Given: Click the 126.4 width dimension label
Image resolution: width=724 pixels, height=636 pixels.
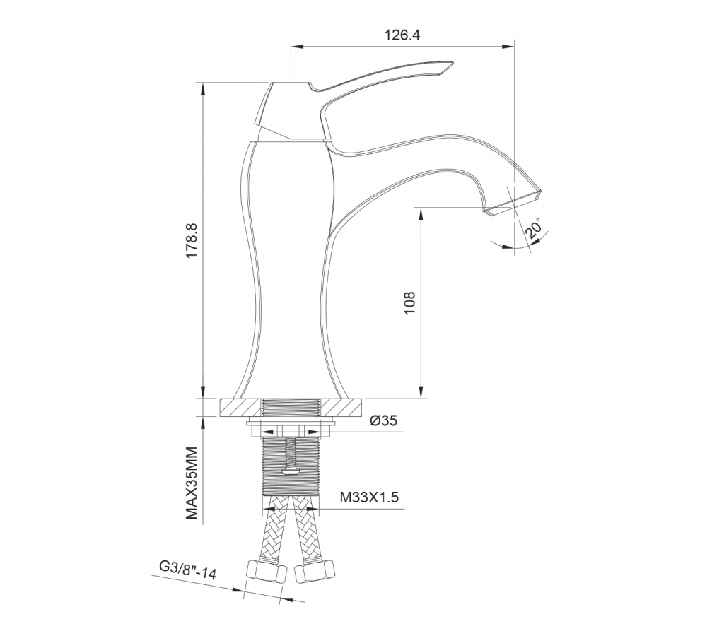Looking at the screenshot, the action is click(x=402, y=35).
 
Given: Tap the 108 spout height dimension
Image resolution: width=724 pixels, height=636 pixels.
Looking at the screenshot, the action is click(x=409, y=302).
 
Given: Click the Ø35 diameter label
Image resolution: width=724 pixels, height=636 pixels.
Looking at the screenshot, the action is click(x=384, y=420).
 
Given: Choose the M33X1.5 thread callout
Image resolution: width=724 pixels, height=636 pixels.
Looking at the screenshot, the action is click(x=369, y=497).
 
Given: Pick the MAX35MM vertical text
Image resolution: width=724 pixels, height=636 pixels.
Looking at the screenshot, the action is click(x=192, y=483).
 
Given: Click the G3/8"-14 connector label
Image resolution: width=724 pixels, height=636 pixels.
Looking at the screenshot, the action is click(x=187, y=570).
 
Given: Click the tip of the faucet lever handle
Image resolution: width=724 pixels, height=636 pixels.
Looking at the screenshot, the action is click(x=452, y=63).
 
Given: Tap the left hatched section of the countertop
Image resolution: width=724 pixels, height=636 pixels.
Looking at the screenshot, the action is click(x=241, y=408).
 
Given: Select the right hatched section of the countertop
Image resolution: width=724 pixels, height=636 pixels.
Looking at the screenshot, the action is click(x=341, y=408).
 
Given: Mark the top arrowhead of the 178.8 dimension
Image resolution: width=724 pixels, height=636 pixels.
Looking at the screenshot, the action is click(x=203, y=88).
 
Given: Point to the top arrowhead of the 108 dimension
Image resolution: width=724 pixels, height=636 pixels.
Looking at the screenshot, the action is click(x=421, y=213).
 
